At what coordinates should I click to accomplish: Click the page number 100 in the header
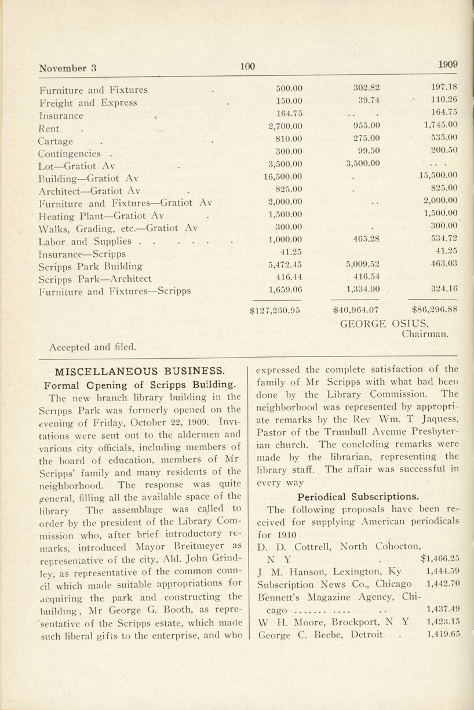[247, 67]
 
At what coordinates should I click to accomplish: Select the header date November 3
[68, 68]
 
